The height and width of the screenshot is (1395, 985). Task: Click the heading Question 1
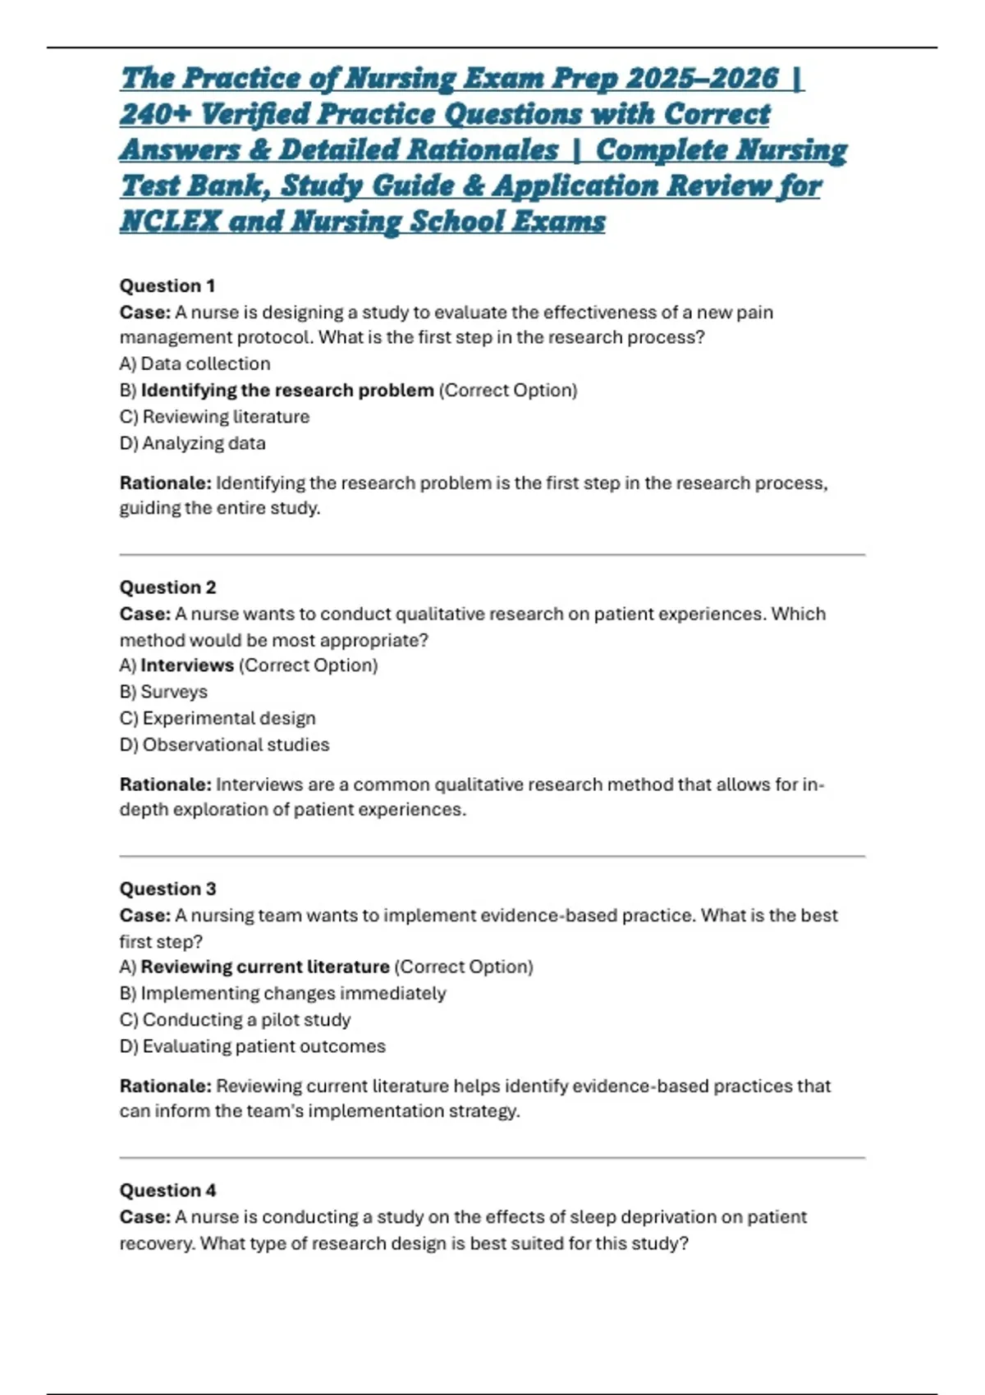pos(167,286)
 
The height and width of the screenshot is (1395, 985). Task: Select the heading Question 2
pos(167,587)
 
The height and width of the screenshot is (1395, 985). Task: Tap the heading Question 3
pos(167,889)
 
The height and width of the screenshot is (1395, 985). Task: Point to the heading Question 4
pos(167,1190)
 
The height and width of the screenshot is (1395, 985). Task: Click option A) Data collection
pos(195,364)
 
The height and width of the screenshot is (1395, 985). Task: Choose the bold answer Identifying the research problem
pos(286,390)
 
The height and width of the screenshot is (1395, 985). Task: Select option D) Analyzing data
pos(192,443)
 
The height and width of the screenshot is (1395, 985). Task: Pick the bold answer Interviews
pos(187,665)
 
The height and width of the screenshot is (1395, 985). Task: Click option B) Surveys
pos(163,692)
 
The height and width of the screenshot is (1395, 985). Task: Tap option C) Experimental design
pos(218,718)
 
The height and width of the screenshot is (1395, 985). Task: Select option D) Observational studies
pos(224,744)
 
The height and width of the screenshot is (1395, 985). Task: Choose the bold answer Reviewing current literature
pos(264,967)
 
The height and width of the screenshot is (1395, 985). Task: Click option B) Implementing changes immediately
pos(282,993)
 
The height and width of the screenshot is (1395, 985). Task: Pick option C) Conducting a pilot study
pos(235,1019)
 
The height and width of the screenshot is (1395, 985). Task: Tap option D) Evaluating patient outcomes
pos(252,1046)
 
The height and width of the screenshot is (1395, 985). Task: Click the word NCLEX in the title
pos(170,222)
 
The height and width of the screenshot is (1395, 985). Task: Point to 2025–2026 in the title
pos(701,79)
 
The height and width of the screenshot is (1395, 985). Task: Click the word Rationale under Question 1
pos(164,483)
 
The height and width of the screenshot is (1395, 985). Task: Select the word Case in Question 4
pos(144,1217)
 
